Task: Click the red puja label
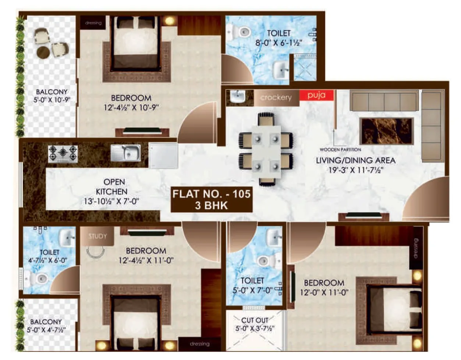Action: (316, 95)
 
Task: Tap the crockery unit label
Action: (276, 97)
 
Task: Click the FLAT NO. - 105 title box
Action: (212, 199)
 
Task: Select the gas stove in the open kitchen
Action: (63, 153)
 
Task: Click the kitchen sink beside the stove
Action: (126, 153)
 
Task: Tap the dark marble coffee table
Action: (386, 131)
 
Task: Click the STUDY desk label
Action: (97, 236)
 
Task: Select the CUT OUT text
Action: (255, 320)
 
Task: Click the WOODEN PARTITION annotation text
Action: (340, 150)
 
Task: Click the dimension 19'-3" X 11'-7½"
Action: (356, 170)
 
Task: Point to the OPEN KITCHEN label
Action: (112, 187)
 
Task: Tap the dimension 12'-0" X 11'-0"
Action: (324, 293)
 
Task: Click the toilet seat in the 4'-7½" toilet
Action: (40, 279)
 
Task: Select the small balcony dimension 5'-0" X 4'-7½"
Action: (46, 330)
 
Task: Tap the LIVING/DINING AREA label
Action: (356, 160)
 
